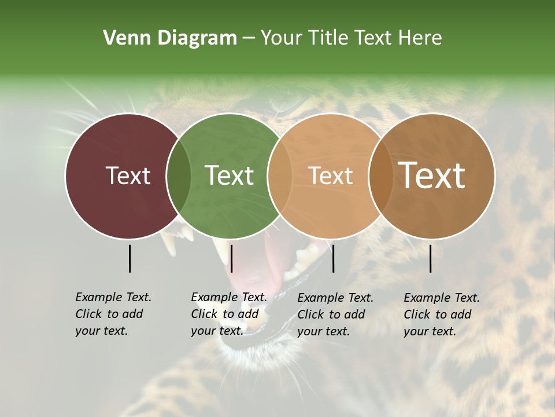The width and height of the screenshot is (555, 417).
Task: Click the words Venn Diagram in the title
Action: tap(170, 38)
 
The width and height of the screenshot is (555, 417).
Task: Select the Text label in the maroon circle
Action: tap(128, 175)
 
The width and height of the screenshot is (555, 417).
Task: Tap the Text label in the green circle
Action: tap(229, 175)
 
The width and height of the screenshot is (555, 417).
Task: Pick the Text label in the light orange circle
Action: tap(330, 175)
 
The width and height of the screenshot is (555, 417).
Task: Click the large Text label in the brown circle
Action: tap(432, 175)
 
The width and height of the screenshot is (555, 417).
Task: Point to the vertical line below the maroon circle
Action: tap(130, 258)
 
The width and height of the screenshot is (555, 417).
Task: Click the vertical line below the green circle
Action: tap(231, 258)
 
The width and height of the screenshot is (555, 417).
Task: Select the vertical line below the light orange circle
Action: tap(333, 258)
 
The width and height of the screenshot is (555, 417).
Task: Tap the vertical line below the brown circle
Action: tap(431, 258)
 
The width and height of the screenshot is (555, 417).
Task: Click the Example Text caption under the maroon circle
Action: tap(113, 314)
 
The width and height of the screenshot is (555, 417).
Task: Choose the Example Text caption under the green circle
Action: tap(228, 314)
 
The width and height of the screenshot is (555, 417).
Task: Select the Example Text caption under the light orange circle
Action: tap(335, 314)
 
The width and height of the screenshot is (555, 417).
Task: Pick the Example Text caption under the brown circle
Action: tap(441, 314)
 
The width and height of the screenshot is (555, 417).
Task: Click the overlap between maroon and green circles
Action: tap(179, 175)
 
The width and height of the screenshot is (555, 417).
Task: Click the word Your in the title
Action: tap(282, 38)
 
